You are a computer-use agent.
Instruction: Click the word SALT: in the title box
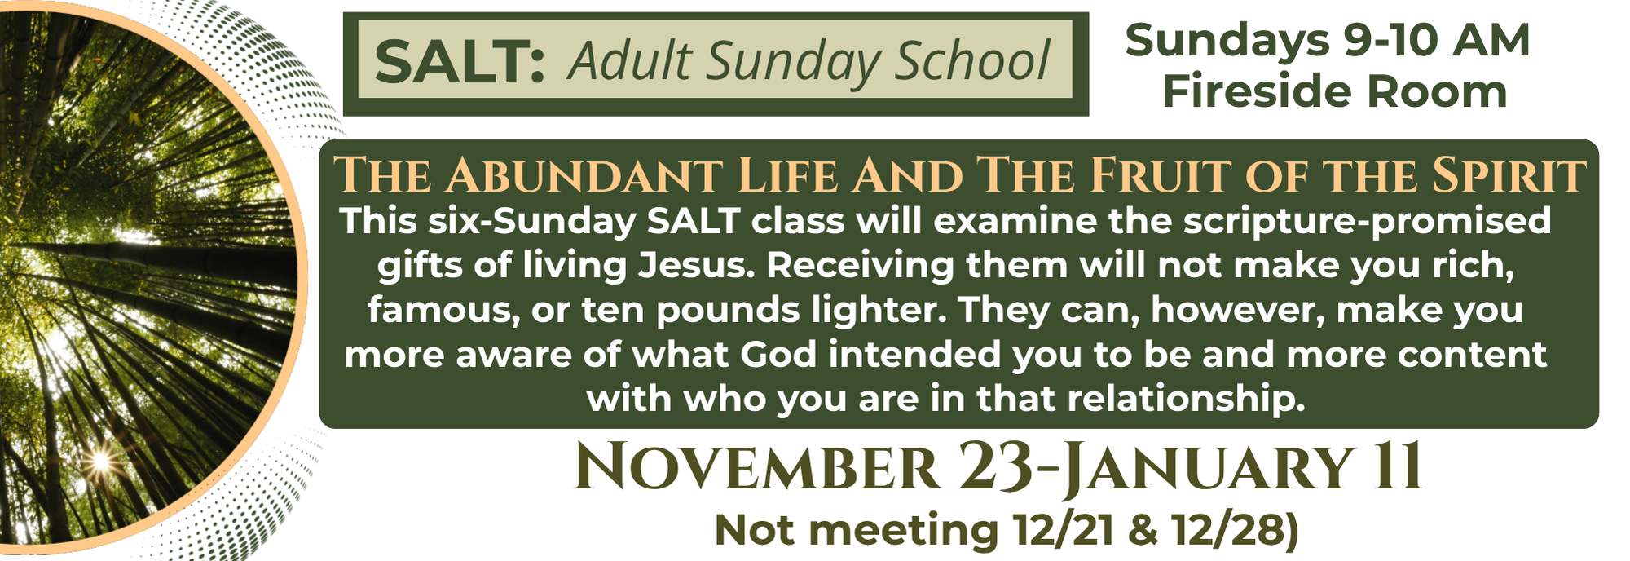click(x=460, y=63)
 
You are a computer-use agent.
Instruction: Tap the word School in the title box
click(x=972, y=62)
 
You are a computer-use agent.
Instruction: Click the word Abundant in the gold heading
click(x=583, y=175)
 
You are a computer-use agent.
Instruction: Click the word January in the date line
click(x=1208, y=469)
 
